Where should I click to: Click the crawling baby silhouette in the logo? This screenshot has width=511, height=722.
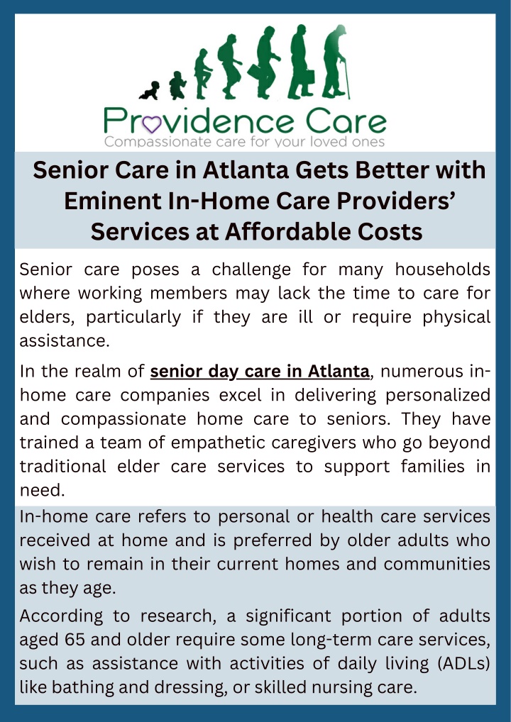(150, 91)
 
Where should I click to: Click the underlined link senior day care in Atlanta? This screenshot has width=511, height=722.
(260, 371)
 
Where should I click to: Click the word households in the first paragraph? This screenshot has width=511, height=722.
(442, 269)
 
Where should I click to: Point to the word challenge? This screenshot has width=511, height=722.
(251, 270)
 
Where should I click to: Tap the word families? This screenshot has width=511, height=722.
(433, 467)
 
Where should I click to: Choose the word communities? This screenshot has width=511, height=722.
(436, 564)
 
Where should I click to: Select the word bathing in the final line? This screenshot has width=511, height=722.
(83, 687)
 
